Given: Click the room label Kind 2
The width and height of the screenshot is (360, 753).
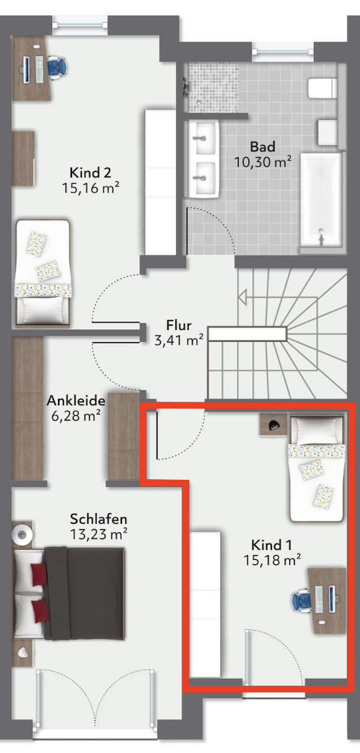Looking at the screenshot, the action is pos(91,172).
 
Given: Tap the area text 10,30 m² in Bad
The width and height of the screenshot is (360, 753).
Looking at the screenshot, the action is pos(263,161).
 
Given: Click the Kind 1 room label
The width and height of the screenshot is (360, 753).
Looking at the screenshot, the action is pos(271,545).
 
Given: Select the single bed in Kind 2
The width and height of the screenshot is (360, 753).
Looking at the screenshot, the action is pos(43,273).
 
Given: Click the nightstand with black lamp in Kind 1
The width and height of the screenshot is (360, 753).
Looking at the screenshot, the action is pos(273,424).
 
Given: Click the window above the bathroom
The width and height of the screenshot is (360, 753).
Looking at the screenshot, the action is pos(283,51).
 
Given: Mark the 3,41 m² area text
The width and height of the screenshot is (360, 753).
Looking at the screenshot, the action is pos(178,341).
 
